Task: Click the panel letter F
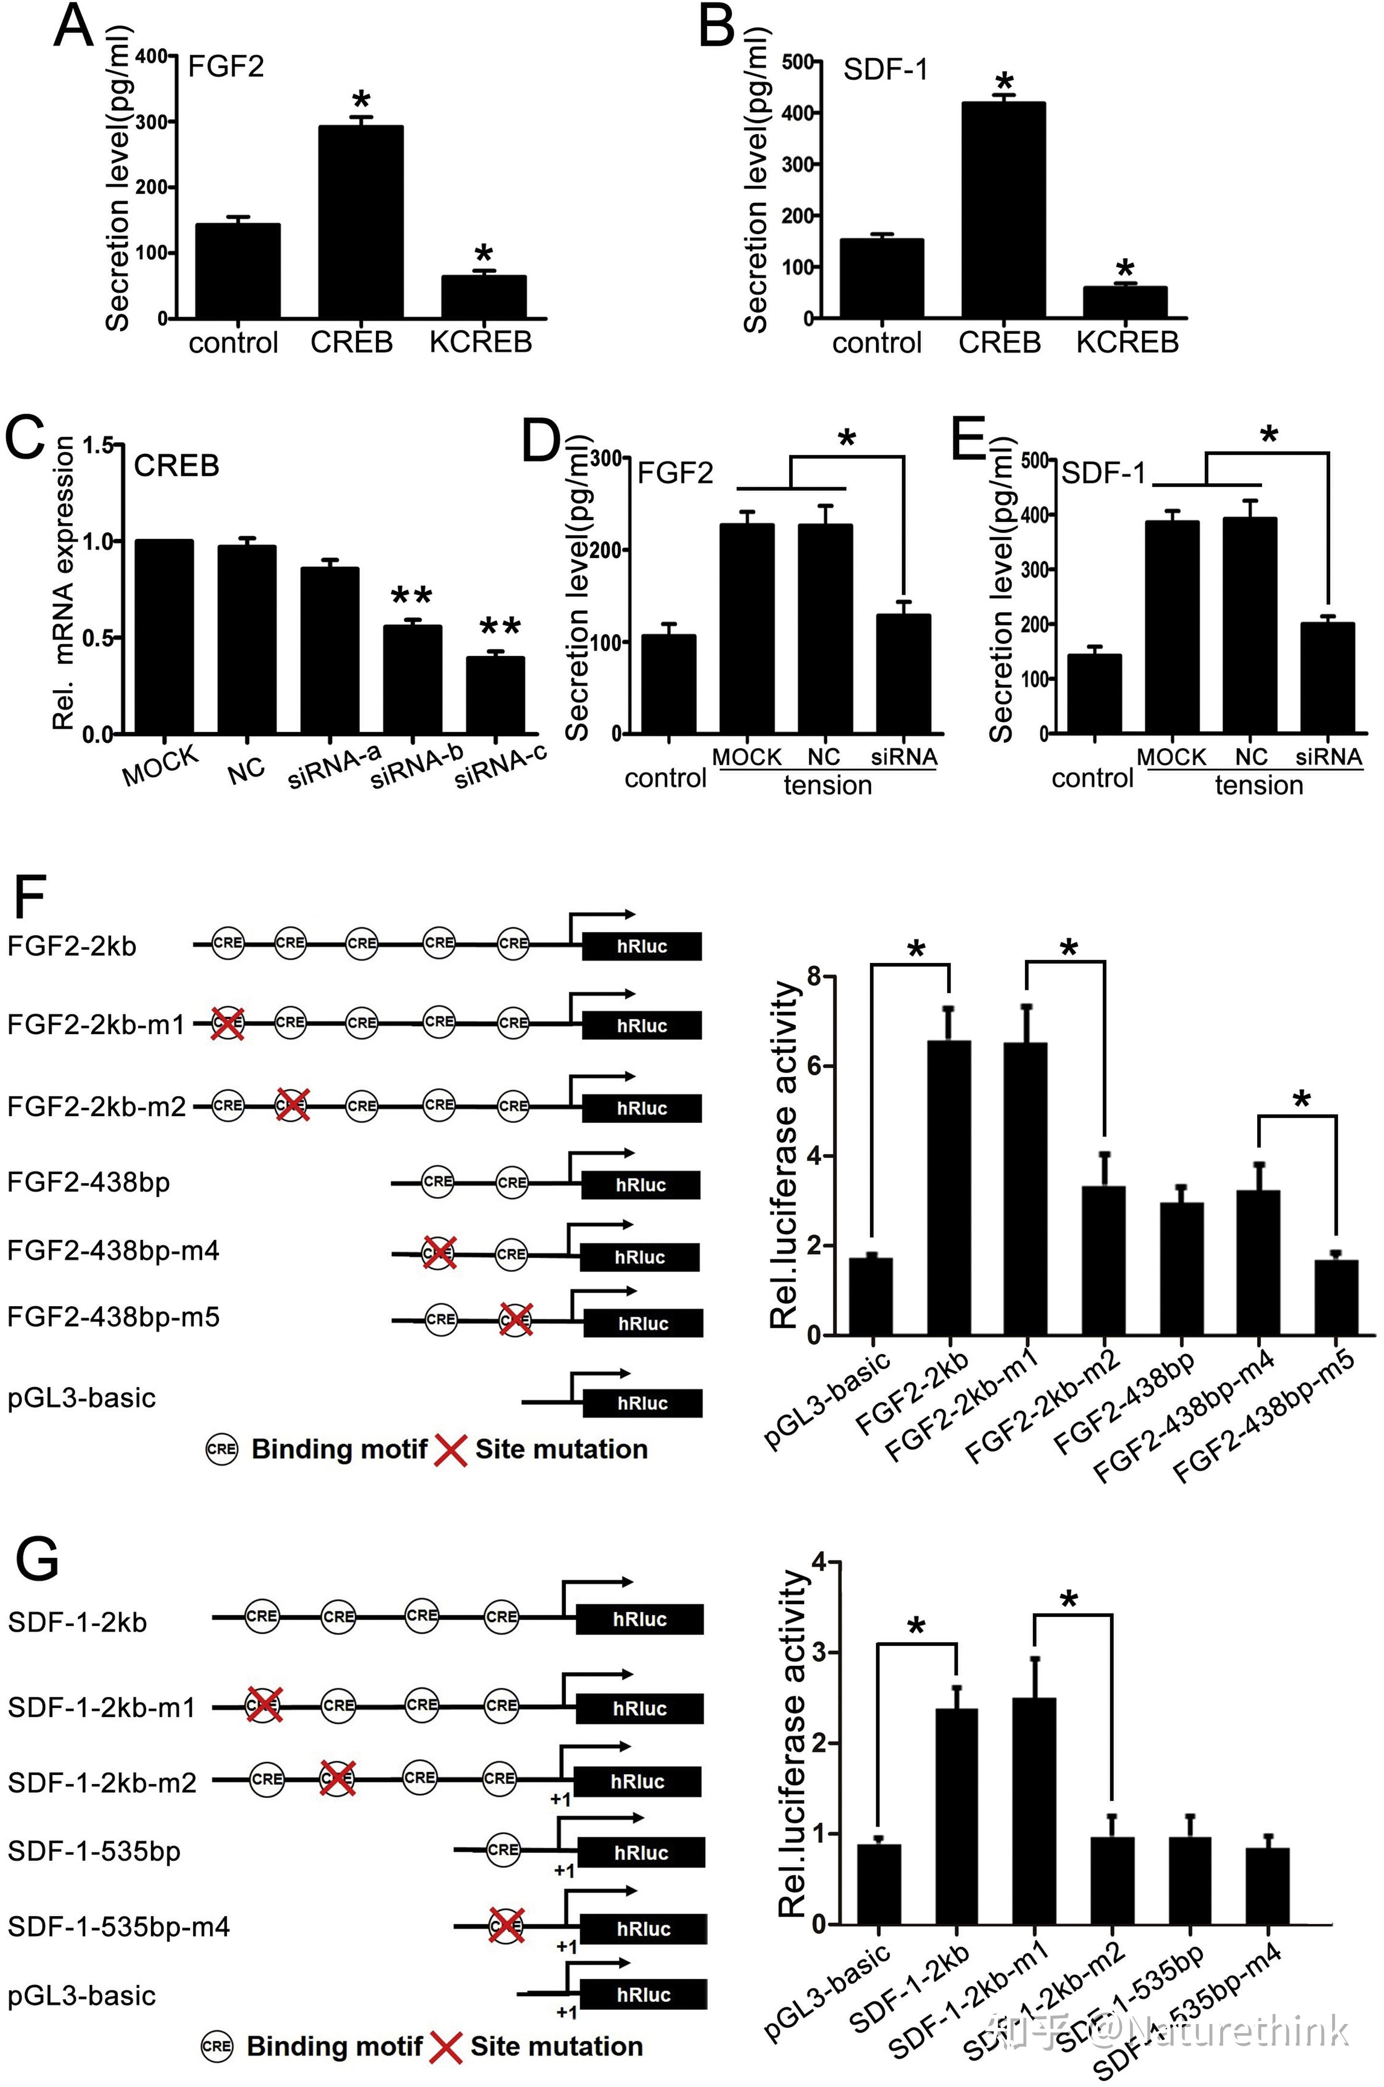(29, 899)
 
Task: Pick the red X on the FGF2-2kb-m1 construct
(227, 1024)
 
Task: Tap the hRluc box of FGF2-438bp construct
(641, 1185)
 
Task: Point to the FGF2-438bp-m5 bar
(1335, 1297)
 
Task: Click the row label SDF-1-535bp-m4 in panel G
(118, 1926)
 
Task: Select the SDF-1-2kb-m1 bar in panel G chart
(1035, 1811)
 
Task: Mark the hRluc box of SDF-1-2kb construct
(640, 1619)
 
